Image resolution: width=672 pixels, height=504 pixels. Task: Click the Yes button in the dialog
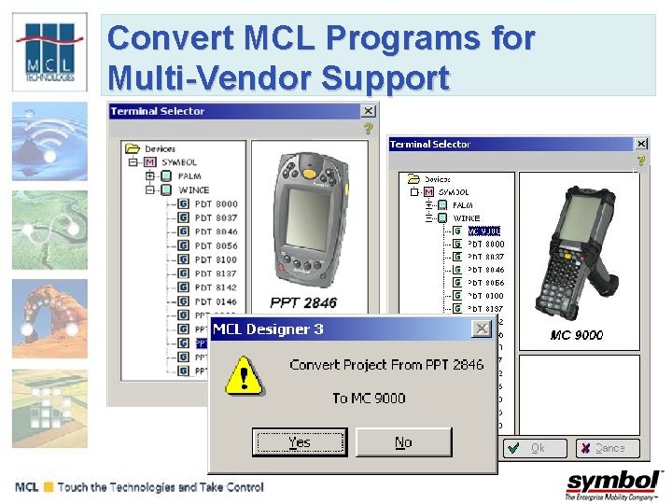coord(300,442)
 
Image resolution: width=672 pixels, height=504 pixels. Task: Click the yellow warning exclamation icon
coord(245,376)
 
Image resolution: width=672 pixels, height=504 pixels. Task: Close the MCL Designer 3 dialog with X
coord(481,329)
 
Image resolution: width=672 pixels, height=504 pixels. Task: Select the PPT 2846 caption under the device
coord(303,302)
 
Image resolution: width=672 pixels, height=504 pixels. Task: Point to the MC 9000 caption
coord(576,335)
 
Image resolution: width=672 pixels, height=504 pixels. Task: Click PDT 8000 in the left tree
coord(216,203)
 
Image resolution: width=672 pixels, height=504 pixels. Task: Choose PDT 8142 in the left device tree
coord(216,287)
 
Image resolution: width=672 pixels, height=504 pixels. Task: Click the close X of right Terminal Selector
coord(641,144)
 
